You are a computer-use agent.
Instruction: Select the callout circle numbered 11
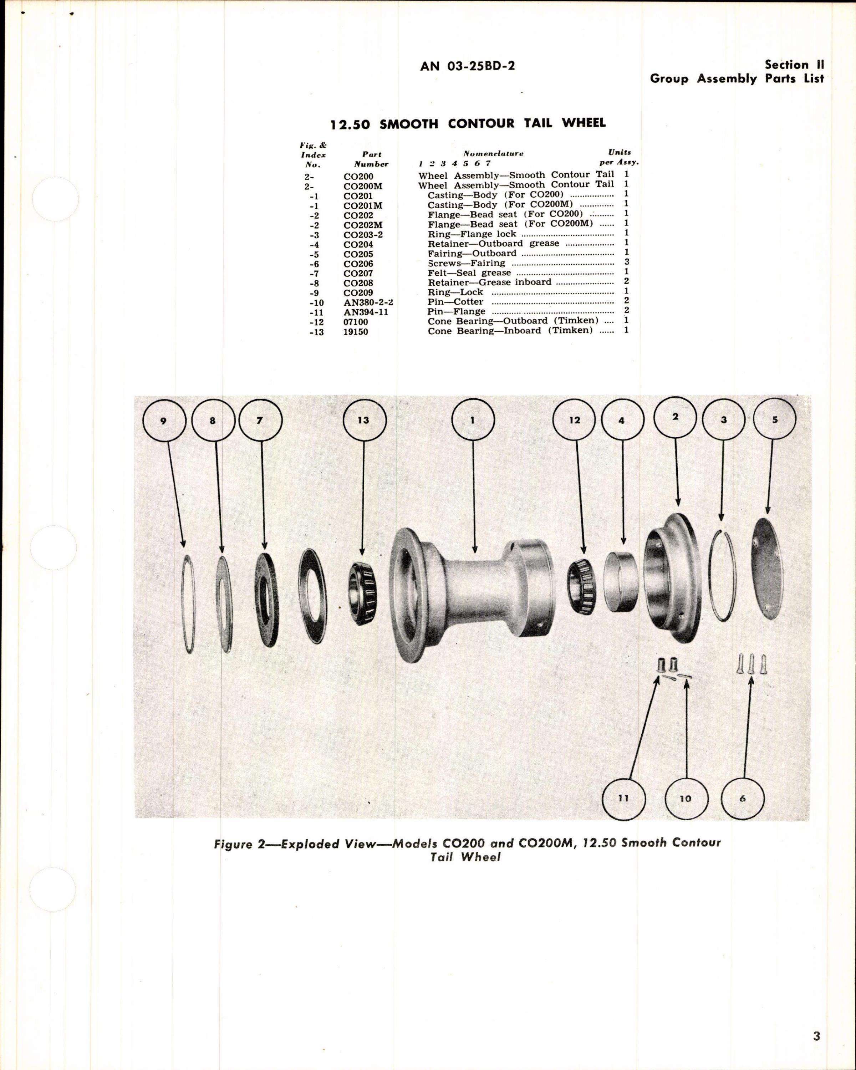click(623, 798)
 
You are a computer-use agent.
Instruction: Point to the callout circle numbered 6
click(742, 798)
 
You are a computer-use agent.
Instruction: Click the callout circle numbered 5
click(775, 419)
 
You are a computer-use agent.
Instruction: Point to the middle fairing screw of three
click(751, 663)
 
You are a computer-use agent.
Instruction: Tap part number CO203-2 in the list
click(363, 235)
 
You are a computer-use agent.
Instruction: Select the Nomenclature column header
click(493, 154)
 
